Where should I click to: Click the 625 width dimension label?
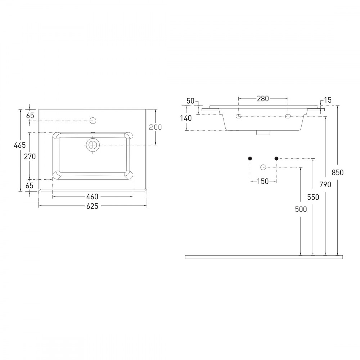point(92,206)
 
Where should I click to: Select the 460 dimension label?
point(92,197)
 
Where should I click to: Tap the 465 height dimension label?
point(20,145)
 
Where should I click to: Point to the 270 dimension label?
point(30,157)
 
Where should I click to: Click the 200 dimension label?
point(156,127)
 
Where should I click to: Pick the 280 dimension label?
point(263,99)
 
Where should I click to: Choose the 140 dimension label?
point(186,118)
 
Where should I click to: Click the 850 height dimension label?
point(338,172)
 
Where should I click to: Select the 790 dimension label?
point(325,184)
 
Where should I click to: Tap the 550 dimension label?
point(313,197)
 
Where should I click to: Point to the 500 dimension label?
point(301,210)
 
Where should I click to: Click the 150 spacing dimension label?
point(263,181)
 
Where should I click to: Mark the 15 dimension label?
point(328,100)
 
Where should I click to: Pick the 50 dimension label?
point(190,101)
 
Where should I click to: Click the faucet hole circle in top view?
point(93,121)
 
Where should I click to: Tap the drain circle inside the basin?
point(93,145)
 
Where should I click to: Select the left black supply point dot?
point(250,158)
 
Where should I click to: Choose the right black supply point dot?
point(276,158)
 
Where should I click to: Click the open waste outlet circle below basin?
point(263,167)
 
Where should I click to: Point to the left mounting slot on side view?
point(239,116)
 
